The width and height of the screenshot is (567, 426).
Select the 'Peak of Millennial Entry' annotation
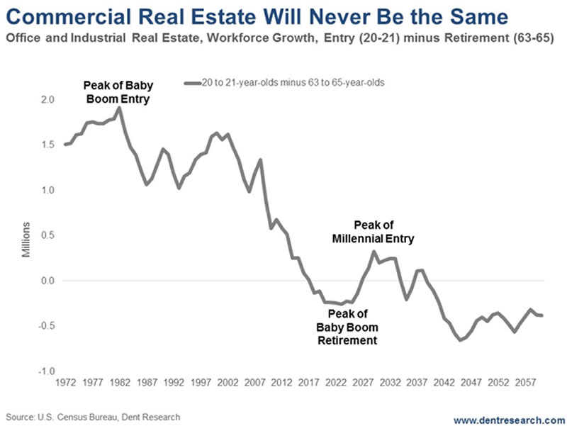[x=373, y=232]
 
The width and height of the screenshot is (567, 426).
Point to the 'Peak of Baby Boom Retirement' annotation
[x=347, y=326]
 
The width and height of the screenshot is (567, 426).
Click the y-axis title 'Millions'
[x=26, y=239]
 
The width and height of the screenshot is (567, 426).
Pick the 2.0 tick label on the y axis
[x=47, y=99]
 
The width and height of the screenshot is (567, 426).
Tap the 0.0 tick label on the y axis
[x=47, y=281]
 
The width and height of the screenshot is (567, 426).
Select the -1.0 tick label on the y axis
[x=46, y=371]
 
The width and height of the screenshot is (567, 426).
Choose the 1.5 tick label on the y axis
[x=47, y=145]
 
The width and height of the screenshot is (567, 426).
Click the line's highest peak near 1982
[x=118, y=108]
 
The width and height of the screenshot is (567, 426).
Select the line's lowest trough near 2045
[x=461, y=340]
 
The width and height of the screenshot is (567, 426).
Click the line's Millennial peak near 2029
[x=374, y=252]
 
